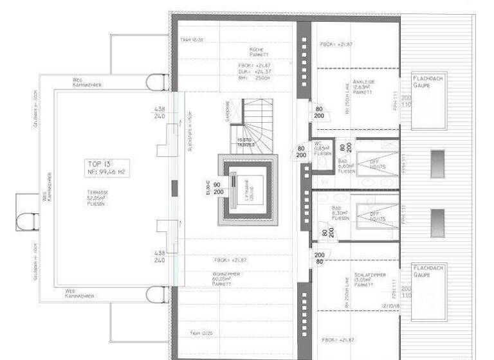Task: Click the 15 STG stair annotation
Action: click(244, 143)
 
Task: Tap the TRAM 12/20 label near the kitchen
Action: click(192, 39)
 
